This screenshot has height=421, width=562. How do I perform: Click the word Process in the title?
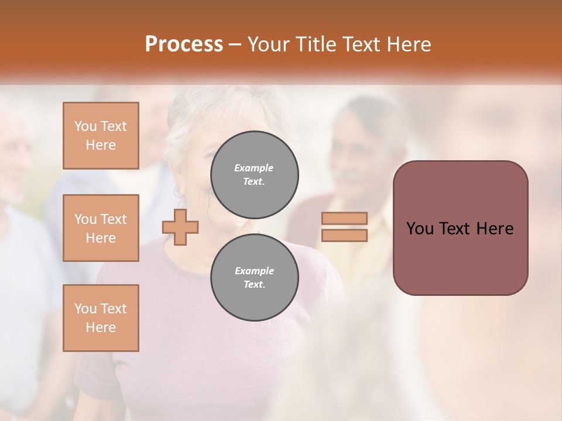[184, 44]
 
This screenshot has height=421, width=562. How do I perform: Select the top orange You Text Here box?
[101, 136]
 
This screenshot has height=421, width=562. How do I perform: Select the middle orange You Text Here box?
[101, 228]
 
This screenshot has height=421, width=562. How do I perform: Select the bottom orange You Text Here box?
[101, 318]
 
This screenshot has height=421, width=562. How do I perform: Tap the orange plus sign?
[180, 227]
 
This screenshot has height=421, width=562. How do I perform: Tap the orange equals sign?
[344, 227]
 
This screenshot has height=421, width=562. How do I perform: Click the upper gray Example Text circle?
[254, 174]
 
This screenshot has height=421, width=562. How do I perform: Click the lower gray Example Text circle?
[254, 277]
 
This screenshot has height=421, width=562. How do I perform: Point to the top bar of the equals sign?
[344, 218]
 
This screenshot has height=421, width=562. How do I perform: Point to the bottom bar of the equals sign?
[344, 236]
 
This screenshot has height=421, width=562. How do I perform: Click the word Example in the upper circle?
[254, 168]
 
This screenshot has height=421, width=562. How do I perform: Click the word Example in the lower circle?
[254, 271]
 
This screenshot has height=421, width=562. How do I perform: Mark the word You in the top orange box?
[85, 126]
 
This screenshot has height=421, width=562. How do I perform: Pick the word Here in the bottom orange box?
[101, 327]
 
